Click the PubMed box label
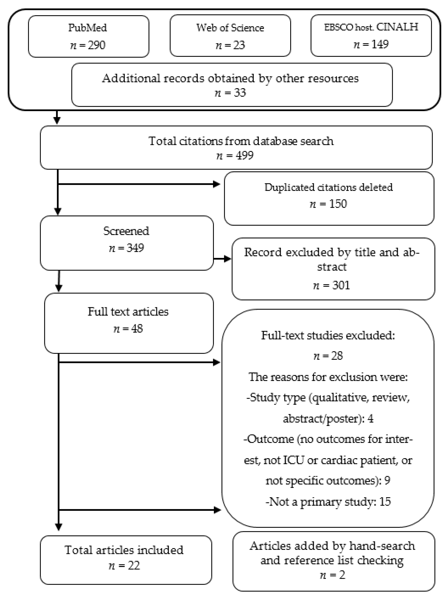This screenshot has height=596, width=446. pyautogui.click(x=88, y=28)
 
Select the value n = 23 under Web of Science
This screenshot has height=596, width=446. pyautogui.click(x=230, y=45)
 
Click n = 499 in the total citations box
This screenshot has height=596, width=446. pyautogui.click(x=235, y=156)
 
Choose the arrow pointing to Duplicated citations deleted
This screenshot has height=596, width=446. pyautogui.click(x=216, y=184)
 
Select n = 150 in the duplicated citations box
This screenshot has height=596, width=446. pyautogui.click(x=328, y=204)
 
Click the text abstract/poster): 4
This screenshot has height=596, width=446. pyautogui.click(x=328, y=419)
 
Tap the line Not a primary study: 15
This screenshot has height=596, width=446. pyautogui.click(x=328, y=502)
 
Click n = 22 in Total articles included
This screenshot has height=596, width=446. pyautogui.click(x=124, y=566)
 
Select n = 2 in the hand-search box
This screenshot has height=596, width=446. pyautogui.click(x=332, y=575)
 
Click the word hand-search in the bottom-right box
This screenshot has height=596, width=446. pyautogui.click(x=382, y=546)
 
